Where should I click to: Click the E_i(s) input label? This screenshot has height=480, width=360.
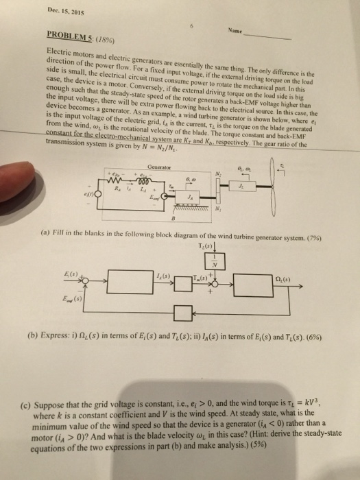coord(70,273)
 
